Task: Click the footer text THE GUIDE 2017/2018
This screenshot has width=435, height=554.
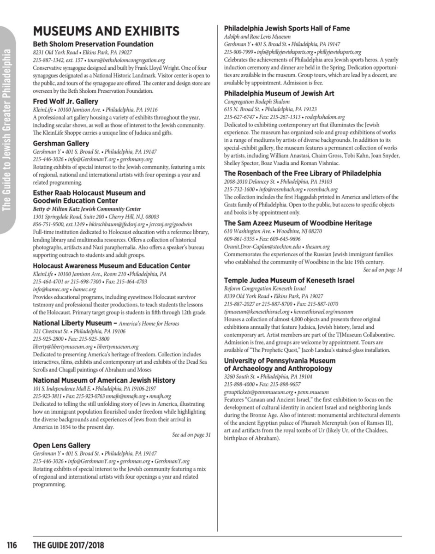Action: tap(68, 545)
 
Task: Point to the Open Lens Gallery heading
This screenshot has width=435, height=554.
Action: tap(61, 446)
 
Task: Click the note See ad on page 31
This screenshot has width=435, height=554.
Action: tap(191, 434)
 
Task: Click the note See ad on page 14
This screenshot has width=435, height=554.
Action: tap(382, 269)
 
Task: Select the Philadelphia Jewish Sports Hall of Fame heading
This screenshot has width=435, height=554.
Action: tap(286, 29)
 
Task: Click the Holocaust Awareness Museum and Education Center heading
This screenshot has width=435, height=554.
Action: tap(112, 266)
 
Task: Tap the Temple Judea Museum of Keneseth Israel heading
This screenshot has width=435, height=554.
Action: tap(289, 280)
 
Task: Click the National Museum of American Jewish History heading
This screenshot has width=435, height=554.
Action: tap(104, 380)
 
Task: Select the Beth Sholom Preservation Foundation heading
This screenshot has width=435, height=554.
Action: tap(93, 44)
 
